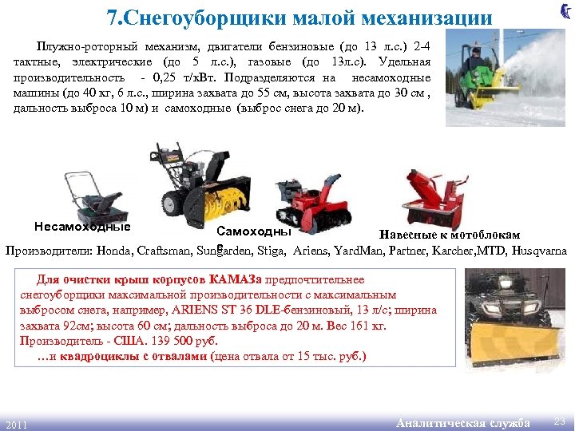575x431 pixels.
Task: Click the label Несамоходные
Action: [x=82, y=226]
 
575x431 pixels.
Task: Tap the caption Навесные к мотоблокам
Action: [x=450, y=235]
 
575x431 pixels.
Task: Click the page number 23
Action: [x=560, y=421]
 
